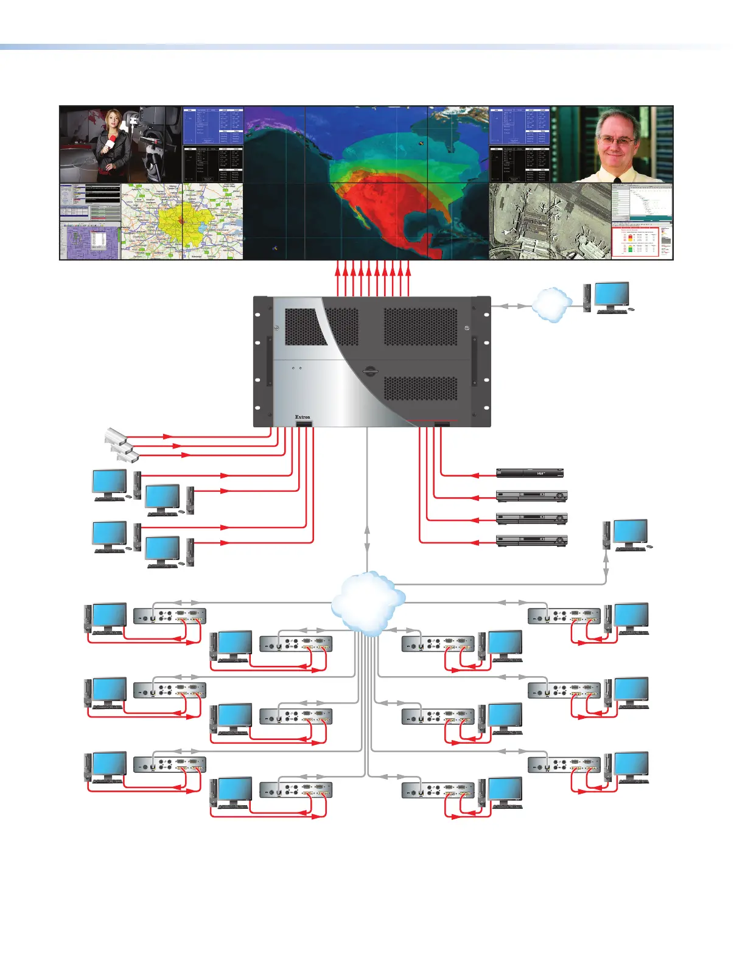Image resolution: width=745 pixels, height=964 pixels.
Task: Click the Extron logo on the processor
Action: click(303, 417)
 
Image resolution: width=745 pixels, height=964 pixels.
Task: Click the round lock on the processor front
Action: click(369, 371)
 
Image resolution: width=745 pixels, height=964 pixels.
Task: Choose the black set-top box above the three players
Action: click(530, 473)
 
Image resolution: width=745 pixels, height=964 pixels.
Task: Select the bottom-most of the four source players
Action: click(531, 540)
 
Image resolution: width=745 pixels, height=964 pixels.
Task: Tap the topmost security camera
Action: click(115, 435)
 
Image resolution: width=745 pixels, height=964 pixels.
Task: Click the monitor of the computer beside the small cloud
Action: click(611, 295)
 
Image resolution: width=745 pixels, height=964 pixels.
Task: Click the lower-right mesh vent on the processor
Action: click(420, 388)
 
